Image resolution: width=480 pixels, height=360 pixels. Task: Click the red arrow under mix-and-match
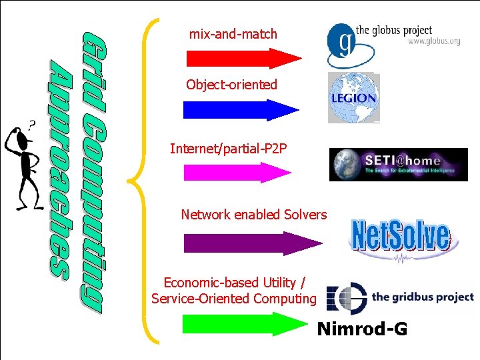243,59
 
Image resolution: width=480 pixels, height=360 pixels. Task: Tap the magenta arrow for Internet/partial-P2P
237,173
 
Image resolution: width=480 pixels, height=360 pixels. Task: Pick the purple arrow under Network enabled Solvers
243,243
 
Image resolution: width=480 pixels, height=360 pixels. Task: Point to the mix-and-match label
233,33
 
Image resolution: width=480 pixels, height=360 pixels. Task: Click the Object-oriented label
231,85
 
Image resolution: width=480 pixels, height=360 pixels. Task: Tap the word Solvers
305,215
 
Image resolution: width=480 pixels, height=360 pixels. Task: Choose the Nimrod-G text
362,329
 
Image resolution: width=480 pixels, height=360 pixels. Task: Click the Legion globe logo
353,98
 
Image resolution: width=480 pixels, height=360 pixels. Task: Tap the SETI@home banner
398,165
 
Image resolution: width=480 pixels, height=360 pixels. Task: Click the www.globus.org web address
434,41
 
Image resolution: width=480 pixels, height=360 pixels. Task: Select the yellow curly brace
144,180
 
